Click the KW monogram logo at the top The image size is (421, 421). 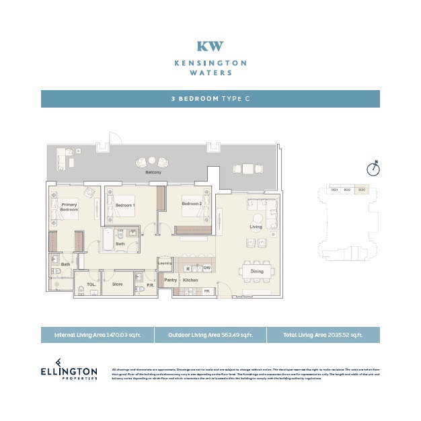coord(210,46)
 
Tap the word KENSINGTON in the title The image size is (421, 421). coord(210,63)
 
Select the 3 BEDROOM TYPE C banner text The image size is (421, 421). coord(210,99)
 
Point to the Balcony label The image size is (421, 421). coord(153,172)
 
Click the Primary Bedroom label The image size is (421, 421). coord(69,207)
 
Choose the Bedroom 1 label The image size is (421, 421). coord(125,205)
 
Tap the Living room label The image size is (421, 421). coord(256,227)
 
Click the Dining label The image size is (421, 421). coord(257,271)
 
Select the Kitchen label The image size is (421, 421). coord(191,279)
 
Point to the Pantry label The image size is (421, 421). coord(171,279)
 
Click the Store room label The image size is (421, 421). coord(117,284)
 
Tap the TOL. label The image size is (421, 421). coord(91,284)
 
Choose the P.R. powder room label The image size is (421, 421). coord(150,285)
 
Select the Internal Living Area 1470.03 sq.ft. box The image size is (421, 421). coord(97,335)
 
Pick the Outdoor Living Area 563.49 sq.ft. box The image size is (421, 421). coord(210,335)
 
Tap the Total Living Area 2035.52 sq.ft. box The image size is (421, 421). coord(323,335)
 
